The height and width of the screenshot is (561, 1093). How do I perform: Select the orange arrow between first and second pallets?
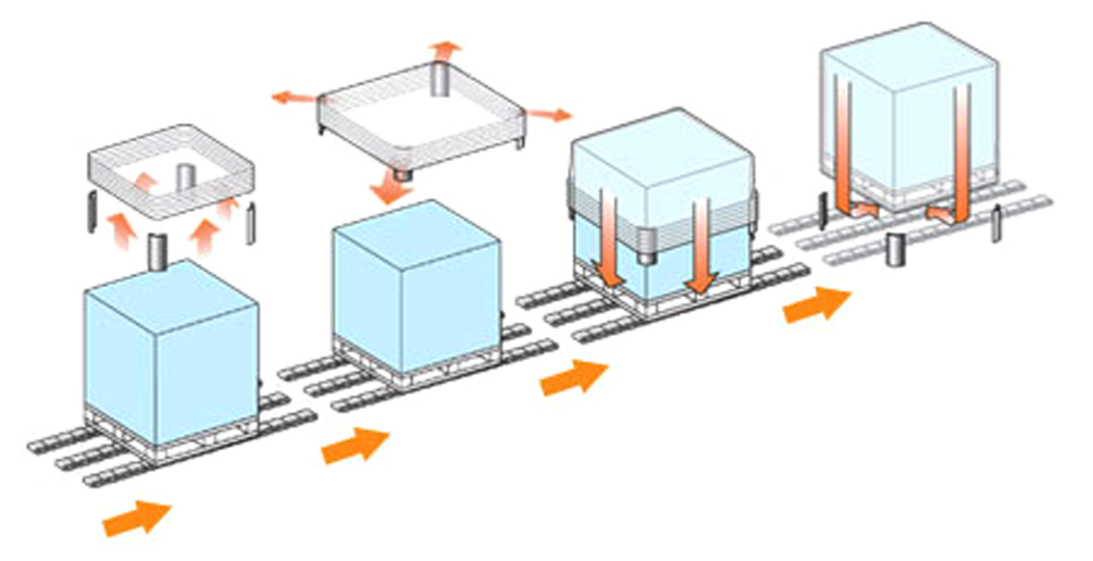(355, 445)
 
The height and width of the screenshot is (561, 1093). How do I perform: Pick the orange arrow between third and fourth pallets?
(816, 305)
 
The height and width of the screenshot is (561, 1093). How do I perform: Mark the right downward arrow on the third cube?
(702, 245)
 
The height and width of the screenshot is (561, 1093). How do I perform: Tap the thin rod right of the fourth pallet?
(996, 224)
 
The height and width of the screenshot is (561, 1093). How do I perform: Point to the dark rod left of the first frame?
(90, 212)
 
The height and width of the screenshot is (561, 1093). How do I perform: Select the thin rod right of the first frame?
(250, 219)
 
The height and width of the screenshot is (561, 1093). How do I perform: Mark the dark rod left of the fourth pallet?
(822, 210)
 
